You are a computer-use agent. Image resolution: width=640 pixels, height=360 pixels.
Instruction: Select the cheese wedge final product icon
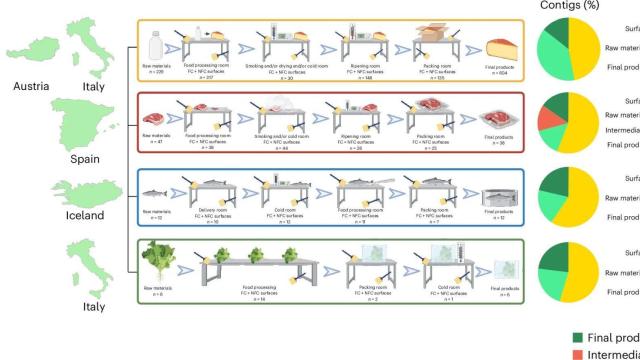click(x=502, y=48)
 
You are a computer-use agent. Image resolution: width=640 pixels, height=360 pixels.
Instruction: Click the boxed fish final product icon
click(x=501, y=195)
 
